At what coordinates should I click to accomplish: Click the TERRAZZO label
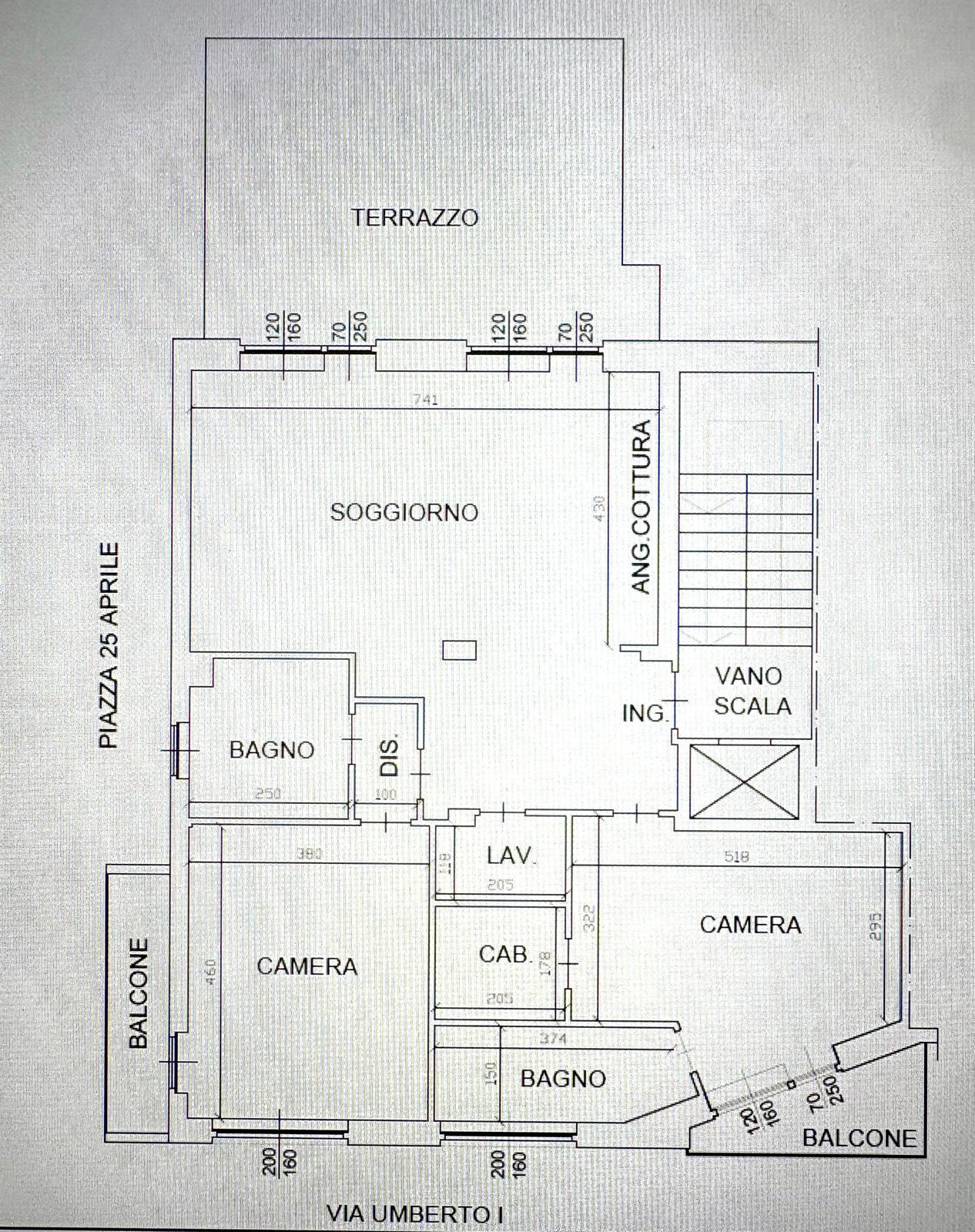[415, 217]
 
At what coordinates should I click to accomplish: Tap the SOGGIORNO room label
[404, 512]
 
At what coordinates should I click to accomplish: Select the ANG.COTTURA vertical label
[641, 507]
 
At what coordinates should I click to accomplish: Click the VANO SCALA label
[751, 691]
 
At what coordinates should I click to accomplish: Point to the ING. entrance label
[644, 714]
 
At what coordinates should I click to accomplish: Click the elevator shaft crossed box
[745, 782]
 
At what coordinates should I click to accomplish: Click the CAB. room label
[505, 954]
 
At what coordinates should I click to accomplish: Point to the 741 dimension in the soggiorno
[425, 400]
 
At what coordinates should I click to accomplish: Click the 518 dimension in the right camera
[737, 856]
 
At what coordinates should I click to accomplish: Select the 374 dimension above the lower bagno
[554, 1039]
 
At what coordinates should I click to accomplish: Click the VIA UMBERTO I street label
[415, 1215]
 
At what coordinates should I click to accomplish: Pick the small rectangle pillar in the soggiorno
[460, 650]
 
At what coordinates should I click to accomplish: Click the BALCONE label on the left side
[138, 993]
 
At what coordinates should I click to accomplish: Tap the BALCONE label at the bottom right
[859, 1137]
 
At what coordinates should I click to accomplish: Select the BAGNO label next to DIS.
[272, 749]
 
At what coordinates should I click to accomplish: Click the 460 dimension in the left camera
[210, 970]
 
